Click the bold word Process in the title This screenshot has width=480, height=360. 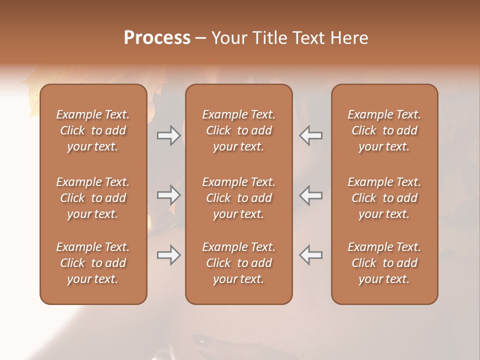157,37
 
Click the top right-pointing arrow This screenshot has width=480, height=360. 168,135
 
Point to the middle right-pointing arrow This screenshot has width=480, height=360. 168,195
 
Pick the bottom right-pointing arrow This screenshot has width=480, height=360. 168,255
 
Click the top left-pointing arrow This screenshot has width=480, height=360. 311,135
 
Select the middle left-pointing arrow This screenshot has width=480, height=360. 311,195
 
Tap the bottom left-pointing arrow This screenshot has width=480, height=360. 311,255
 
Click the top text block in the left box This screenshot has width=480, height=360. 93,130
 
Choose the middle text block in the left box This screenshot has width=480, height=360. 93,198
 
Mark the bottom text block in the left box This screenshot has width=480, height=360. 93,263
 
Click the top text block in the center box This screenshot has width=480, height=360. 239,130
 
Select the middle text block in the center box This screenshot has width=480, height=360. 239,198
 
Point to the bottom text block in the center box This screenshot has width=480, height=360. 239,263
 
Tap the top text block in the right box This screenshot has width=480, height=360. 384,130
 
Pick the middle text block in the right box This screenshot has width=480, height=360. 384,198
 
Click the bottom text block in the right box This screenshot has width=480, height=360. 384,263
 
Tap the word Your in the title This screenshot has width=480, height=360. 227,37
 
